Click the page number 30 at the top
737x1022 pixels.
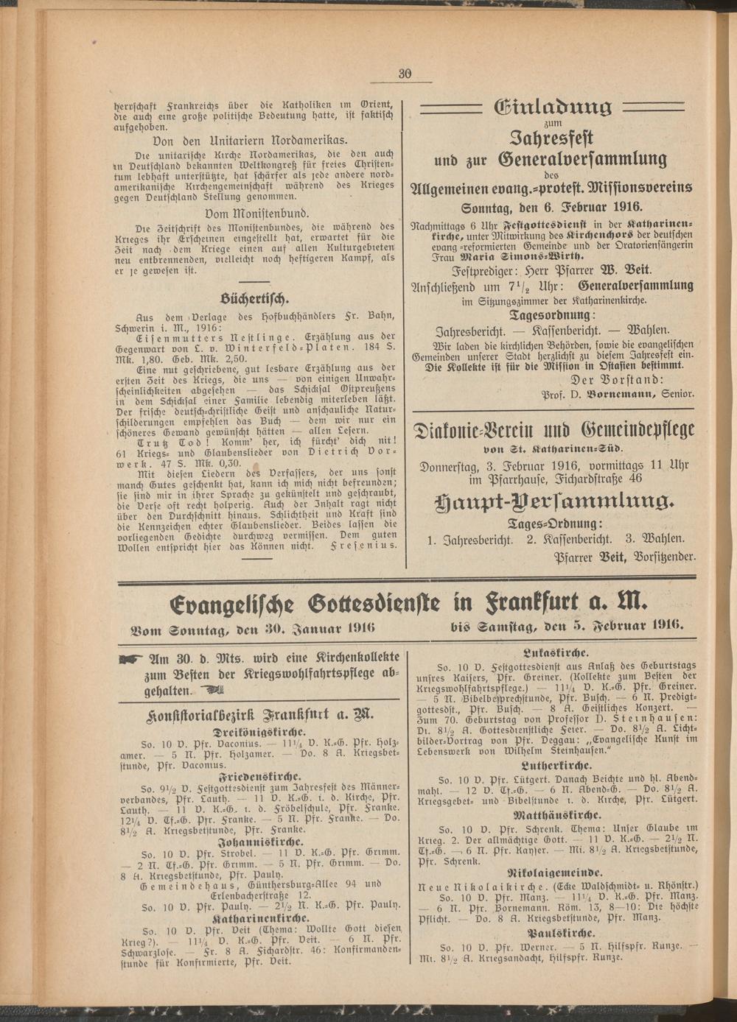[x=405, y=72]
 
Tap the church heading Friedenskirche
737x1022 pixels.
[x=255, y=776]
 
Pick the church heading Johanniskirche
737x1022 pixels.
[x=255, y=842]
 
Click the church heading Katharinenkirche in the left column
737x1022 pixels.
[x=255, y=920]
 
